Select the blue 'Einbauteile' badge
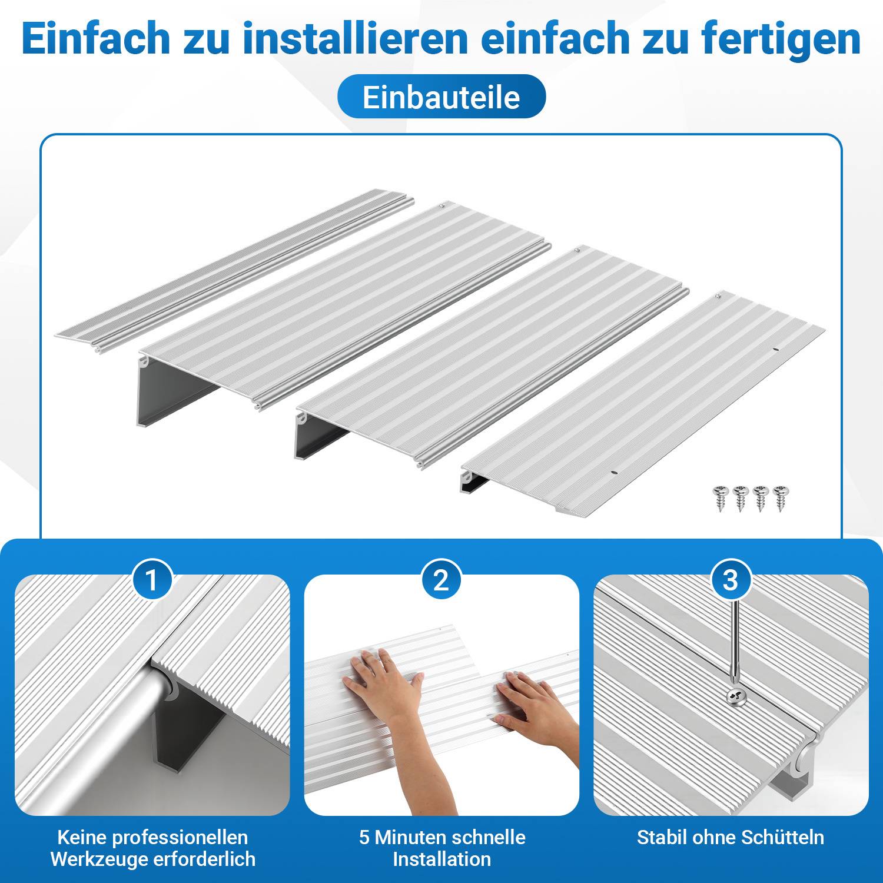point(441,97)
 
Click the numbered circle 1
point(152,580)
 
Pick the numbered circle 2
point(441,580)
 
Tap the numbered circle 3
point(730,580)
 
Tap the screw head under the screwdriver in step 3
point(736,696)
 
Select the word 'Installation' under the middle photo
point(441,859)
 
